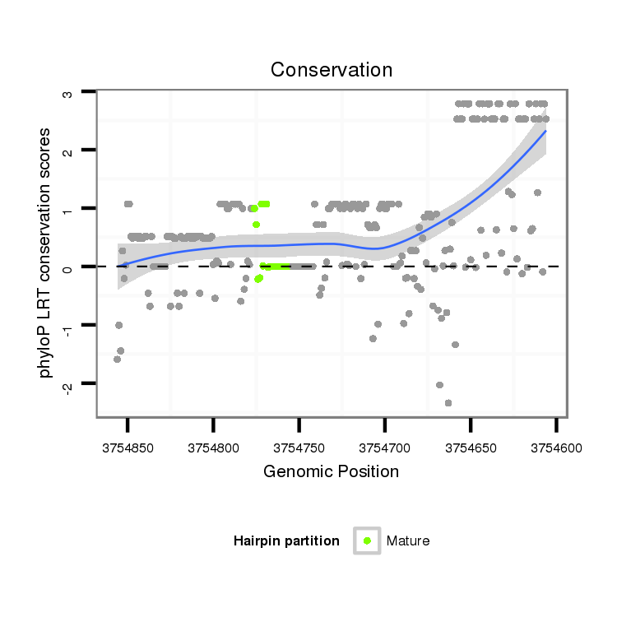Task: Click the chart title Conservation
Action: (x=332, y=70)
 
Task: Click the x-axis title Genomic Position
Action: (x=331, y=471)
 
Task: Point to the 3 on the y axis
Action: (x=67, y=93)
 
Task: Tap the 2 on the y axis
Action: (x=67, y=151)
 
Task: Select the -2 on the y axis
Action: (x=67, y=383)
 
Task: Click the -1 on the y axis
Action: (x=67, y=325)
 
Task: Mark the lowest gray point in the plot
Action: (x=448, y=402)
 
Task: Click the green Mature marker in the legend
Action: (x=367, y=540)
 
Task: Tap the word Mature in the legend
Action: (x=408, y=541)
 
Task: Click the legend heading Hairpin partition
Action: (x=286, y=541)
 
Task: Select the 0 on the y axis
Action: (x=67, y=267)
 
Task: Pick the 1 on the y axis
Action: (x=67, y=209)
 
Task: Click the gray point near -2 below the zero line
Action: (x=439, y=385)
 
